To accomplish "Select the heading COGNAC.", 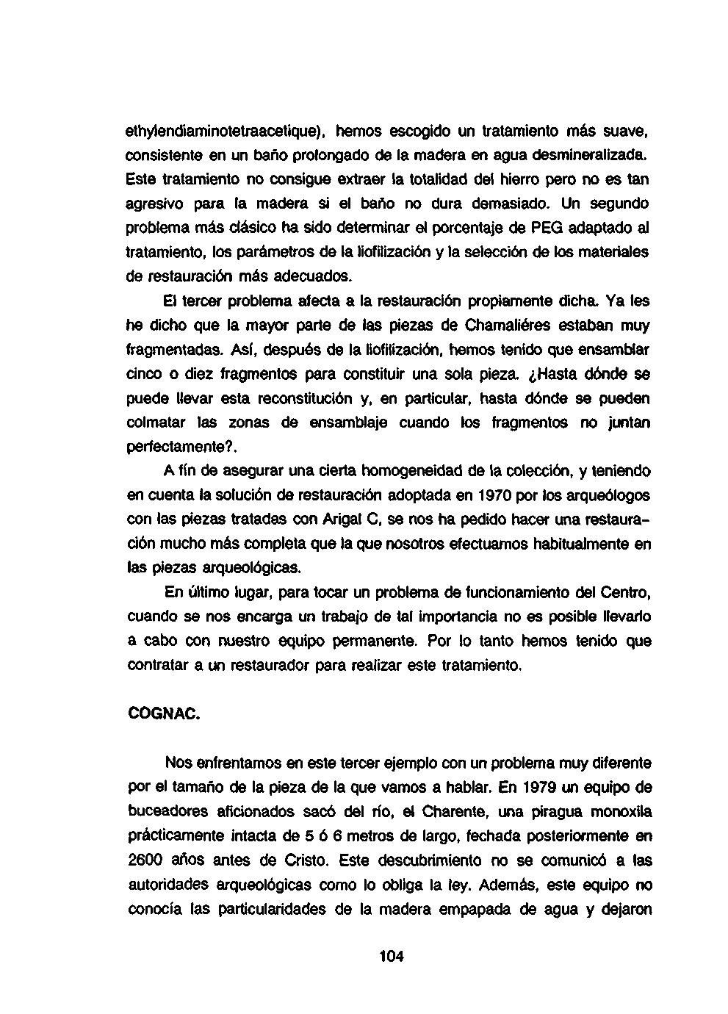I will (x=163, y=713).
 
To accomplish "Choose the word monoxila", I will (x=619, y=812).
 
